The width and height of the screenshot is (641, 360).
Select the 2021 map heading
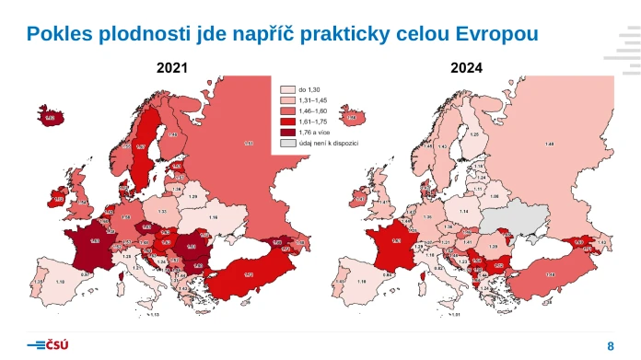click(172, 68)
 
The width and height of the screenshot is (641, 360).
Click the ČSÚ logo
click(49, 344)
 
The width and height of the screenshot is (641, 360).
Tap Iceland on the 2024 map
click(353, 117)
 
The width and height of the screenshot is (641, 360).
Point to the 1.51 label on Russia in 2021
click(249, 143)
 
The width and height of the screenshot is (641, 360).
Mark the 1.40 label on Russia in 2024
click(550, 143)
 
